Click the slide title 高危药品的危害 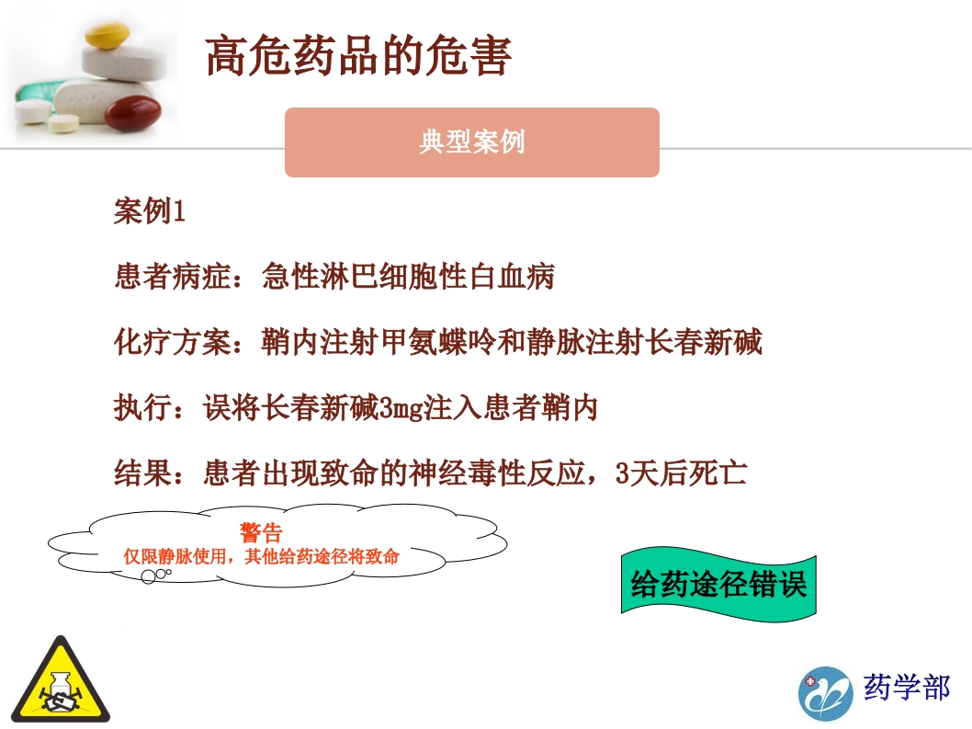pos(358,57)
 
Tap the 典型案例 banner pos(471,142)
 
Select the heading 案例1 pos(149,211)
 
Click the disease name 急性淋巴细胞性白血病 pos(408,277)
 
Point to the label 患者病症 pos(171,277)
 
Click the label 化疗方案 pos(171,343)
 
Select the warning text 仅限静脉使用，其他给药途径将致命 pos(262,556)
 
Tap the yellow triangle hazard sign pos(61,682)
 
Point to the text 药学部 pos(906,687)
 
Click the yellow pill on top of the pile pos(107,36)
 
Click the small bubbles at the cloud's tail pos(155,575)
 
